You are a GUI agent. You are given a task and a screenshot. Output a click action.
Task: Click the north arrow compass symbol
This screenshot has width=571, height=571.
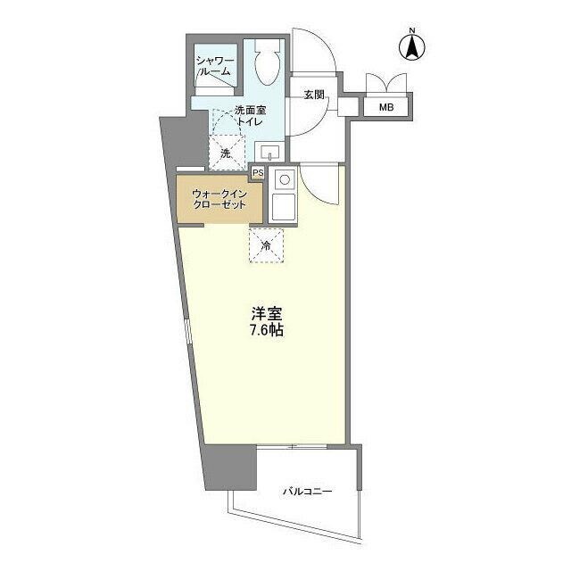pos(412,47)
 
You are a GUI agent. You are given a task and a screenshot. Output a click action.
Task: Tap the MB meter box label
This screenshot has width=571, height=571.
pos(386,107)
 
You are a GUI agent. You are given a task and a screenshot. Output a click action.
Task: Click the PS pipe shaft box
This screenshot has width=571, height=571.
pos(258,173)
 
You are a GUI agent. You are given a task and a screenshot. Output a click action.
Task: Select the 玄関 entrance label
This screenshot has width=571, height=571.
pos(314,95)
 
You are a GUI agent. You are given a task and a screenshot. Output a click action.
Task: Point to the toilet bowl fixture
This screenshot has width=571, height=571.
pos(268,62)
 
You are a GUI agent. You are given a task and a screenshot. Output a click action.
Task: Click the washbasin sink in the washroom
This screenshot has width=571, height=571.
pos(269,151)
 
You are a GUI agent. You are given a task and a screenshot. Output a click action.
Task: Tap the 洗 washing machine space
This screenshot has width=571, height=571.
pos(226,153)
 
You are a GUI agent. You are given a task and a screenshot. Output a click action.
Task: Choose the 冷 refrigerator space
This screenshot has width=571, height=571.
pos(266,246)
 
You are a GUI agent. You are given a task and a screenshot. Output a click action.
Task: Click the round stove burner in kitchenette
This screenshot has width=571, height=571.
pos(284,179)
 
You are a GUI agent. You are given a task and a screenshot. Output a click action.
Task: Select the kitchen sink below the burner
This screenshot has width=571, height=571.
pos(284,206)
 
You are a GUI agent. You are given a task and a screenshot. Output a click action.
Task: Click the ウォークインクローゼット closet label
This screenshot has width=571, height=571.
pos(219,199)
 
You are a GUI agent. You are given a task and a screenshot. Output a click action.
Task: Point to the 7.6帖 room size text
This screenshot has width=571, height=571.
pos(267,330)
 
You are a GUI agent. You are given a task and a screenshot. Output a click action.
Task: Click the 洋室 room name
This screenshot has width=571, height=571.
pos(267,313)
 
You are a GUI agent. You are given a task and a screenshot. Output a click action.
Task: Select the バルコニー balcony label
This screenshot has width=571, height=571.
pos(308,492)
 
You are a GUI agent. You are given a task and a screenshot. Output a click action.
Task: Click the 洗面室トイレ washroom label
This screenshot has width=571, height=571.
pos(250,115)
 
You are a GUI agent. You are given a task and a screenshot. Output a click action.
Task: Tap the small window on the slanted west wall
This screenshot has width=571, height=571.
pos(187,331)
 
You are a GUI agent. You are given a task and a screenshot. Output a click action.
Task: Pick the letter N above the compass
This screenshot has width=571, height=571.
pos(412,30)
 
